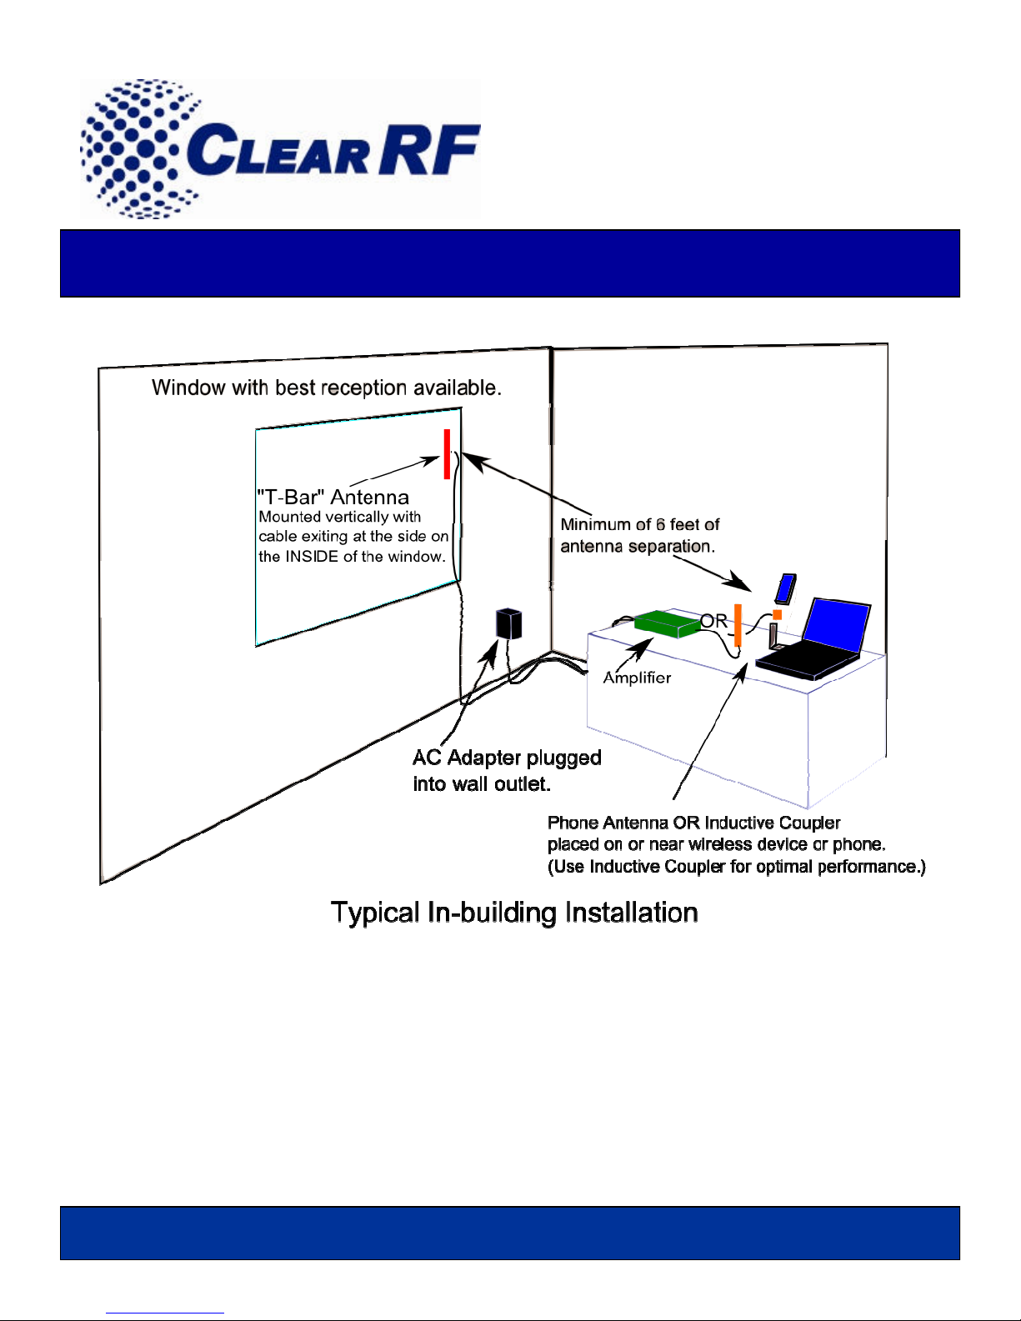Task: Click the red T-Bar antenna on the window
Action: click(447, 454)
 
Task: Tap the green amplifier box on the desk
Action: click(667, 623)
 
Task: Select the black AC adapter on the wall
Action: click(508, 624)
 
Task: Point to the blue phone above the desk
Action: click(785, 588)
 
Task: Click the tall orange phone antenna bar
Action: click(738, 625)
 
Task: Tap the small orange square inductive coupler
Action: click(777, 615)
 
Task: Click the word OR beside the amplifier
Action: click(713, 621)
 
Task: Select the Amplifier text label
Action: click(637, 678)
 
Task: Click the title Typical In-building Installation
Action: click(514, 913)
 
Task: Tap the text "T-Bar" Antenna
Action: click(333, 498)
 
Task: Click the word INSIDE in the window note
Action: click(312, 557)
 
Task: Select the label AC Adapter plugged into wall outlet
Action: click(506, 770)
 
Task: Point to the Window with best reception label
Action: click(326, 388)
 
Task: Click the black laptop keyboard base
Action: click(804, 663)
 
